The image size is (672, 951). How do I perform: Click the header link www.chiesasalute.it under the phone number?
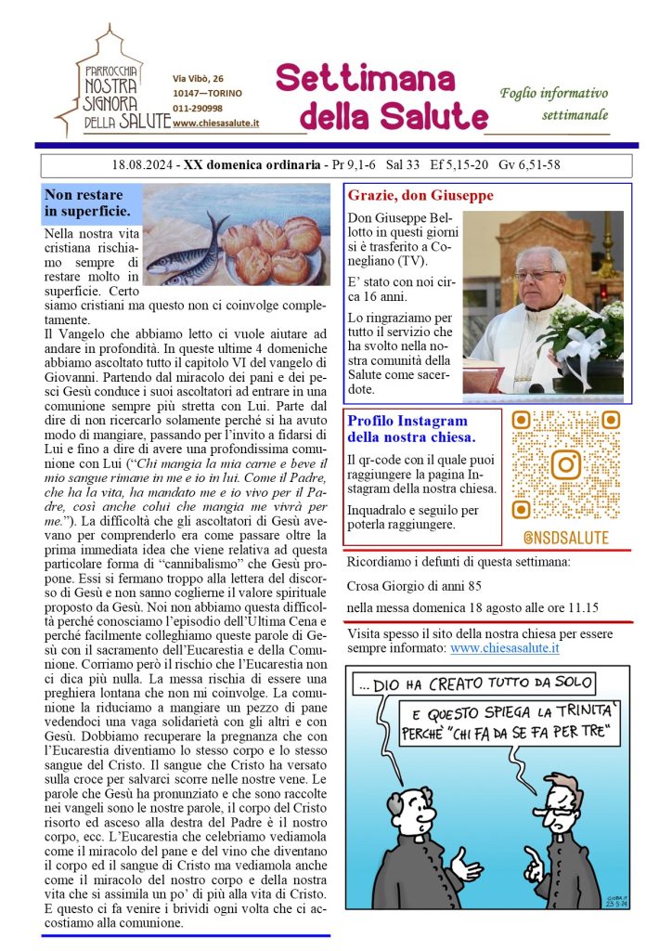coord(216,124)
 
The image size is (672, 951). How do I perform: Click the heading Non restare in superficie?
coord(91,203)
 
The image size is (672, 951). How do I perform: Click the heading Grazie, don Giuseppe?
coord(420,196)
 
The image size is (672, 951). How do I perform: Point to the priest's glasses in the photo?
coord(537,274)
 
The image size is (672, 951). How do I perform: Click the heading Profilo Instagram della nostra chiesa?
coord(411,429)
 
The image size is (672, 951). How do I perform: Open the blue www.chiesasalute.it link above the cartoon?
coord(503,647)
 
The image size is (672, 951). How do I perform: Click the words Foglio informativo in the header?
coord(553,93)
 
